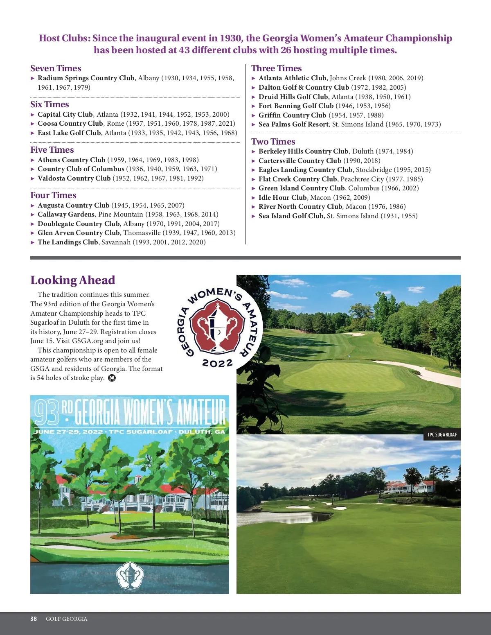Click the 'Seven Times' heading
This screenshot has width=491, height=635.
click(x=56, y=68)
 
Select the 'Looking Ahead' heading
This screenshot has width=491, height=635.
click(x=72, y=280)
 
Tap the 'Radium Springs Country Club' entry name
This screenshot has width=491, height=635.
click(x=86, y=78)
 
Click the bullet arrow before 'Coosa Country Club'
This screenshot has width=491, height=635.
click(x=33, y=124)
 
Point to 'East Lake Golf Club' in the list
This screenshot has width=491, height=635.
click(x=69, y=133)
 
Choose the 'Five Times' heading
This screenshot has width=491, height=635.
click(x=52, y=150)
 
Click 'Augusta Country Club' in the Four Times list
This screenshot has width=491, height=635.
click(x=73, y=206)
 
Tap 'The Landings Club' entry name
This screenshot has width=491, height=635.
click(x=68, y=242)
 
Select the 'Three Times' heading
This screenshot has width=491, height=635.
click(x=276, y=68)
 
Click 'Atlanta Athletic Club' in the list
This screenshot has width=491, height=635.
click(x=292, y=78)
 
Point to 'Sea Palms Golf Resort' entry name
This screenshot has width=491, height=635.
click(x=293, y=124)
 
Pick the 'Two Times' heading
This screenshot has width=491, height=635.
click(x=273, y=142)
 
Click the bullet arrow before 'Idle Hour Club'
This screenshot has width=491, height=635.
click(x=254, y=198)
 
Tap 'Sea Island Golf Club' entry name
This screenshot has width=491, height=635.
click(x=291, y=216)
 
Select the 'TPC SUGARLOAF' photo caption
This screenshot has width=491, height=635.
click(x=442, y=435)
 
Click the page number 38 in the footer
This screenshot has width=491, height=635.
click(x=34, y=619)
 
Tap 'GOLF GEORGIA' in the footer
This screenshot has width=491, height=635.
click(x=66, y=619)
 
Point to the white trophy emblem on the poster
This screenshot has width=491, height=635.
click(x=129, y=575)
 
